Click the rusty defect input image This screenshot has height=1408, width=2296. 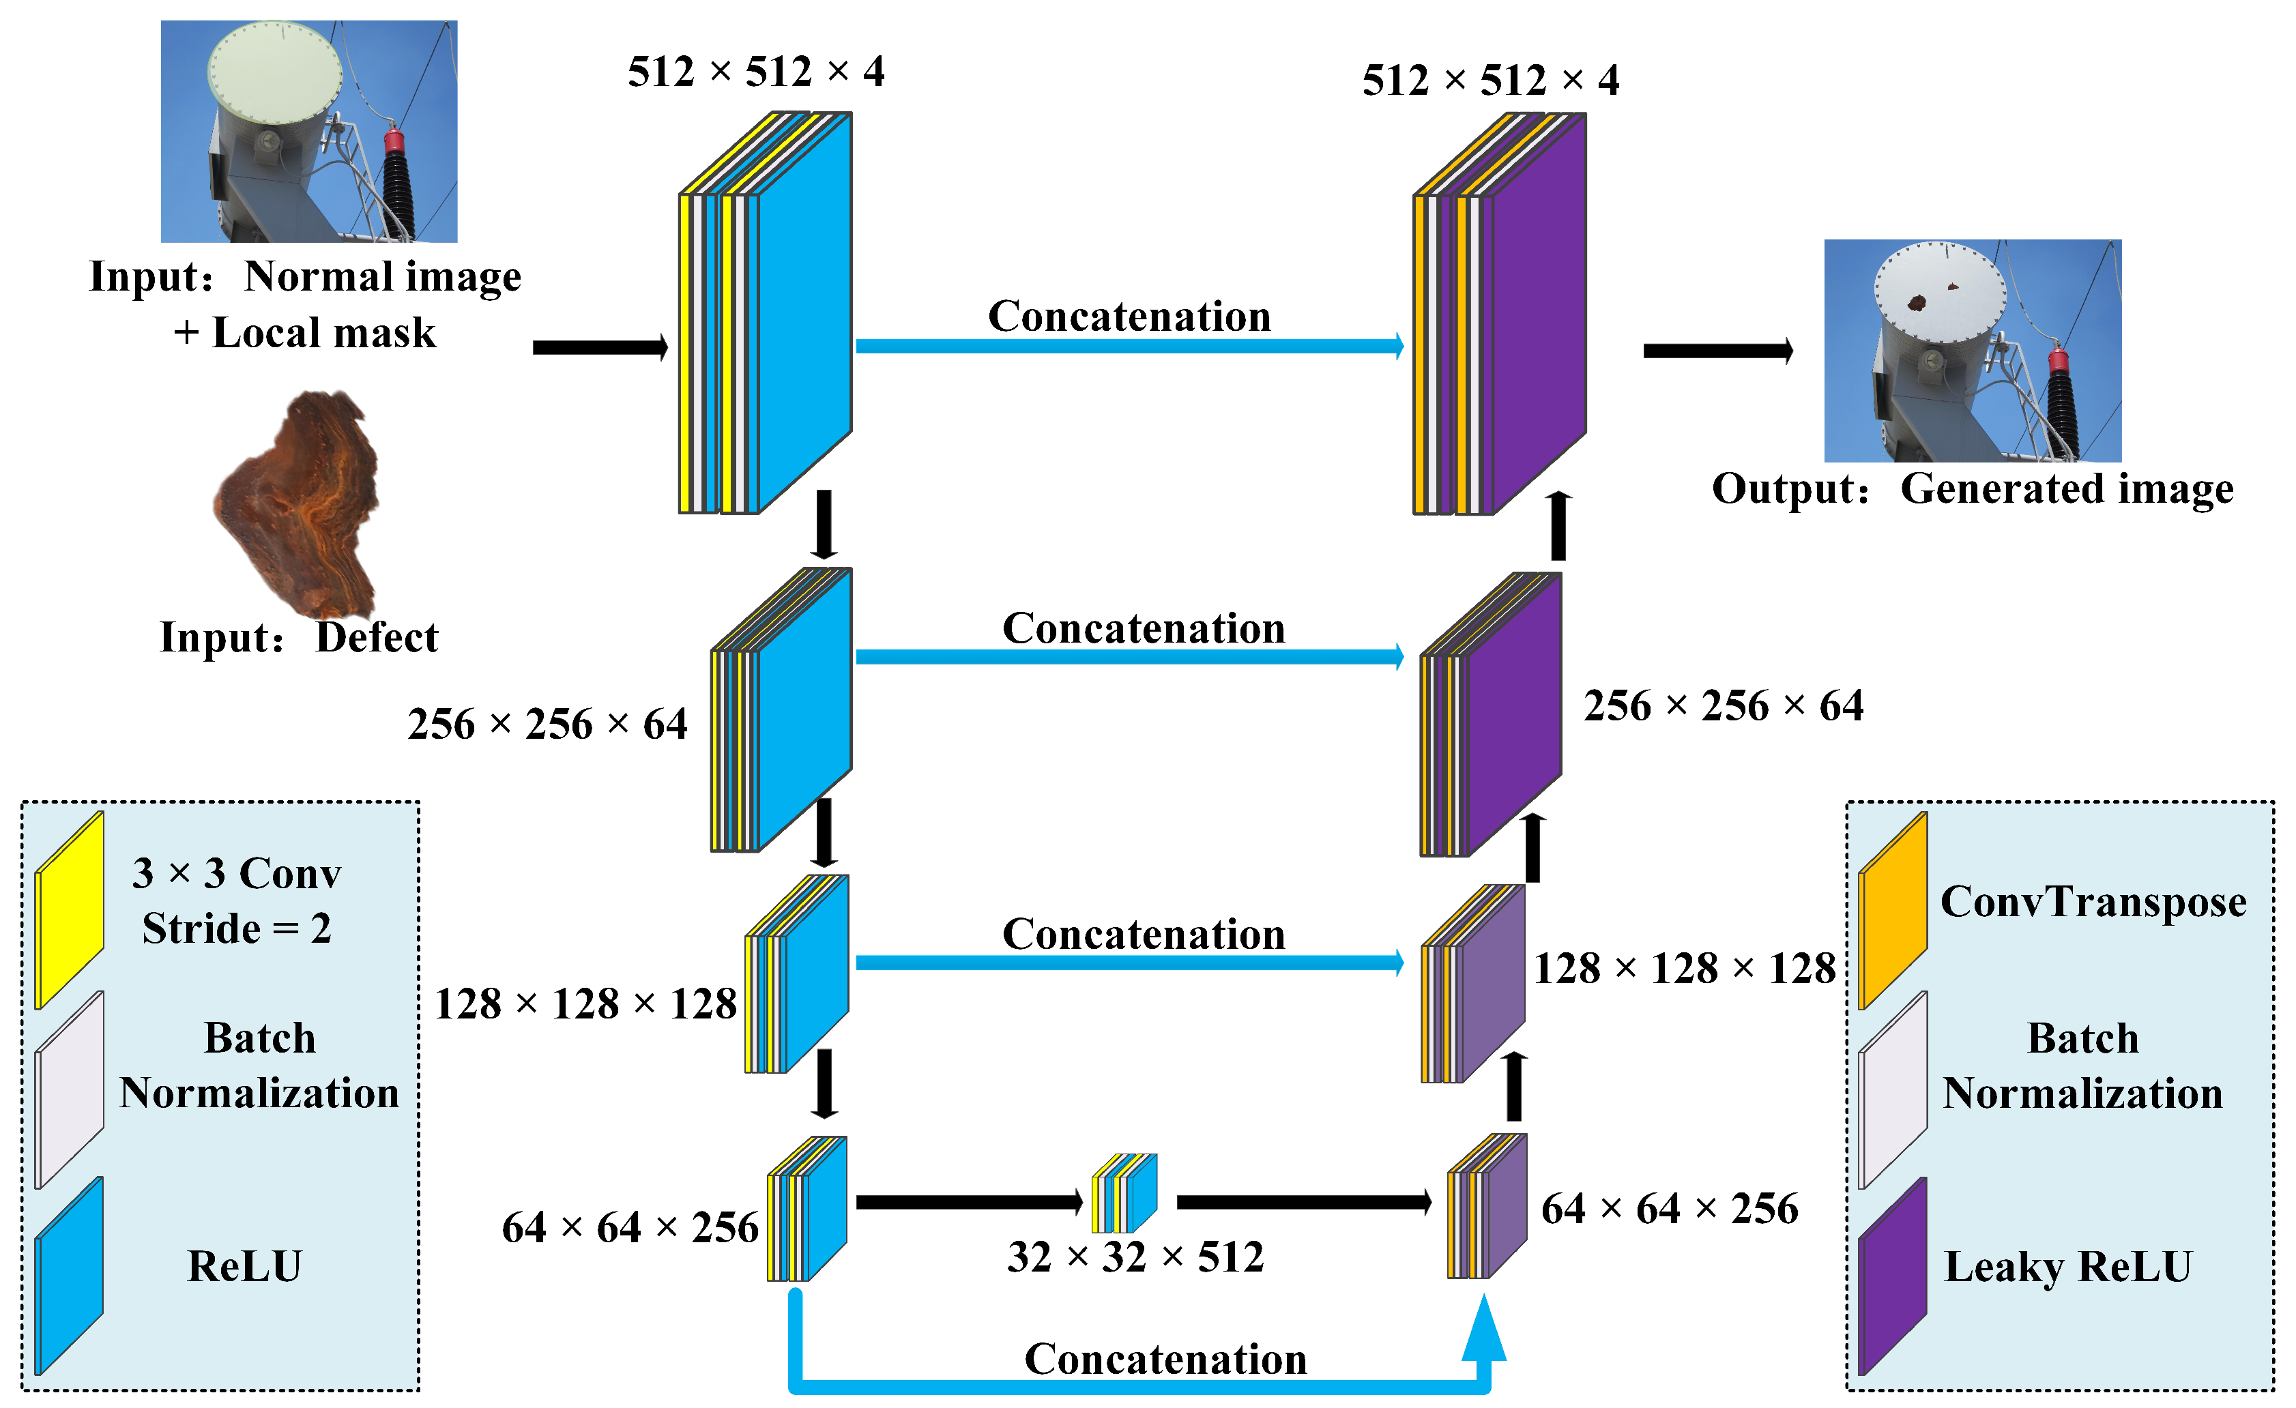[x=298, y=503]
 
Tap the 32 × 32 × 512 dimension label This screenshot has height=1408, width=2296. [x=1135, y=1257]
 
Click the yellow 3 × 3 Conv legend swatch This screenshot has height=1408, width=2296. [x=69, y=911]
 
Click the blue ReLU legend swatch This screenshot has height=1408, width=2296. [x=69, y=1276]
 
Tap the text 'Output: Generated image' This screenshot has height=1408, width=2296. [x=1973, y=489]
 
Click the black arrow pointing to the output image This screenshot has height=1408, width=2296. [x=1717, y=351]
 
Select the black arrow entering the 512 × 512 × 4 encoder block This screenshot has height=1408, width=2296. [x=600, y=348]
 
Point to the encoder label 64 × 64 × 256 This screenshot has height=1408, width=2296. [x=630, y=1228]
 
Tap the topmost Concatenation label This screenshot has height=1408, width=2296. [x=1129, y=317]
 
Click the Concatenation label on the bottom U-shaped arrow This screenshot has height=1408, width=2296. [x=1165, y=1360]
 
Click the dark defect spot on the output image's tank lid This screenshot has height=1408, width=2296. [x=1917, y=302]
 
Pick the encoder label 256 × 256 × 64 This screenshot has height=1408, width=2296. [x=548, y=725]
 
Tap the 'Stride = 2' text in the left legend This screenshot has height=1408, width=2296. [x=237, y=929]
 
